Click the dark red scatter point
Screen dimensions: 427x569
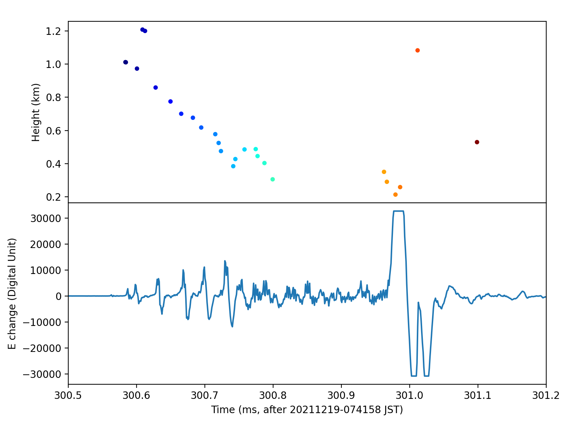pos(477,142)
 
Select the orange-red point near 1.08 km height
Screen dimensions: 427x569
pos(418,50)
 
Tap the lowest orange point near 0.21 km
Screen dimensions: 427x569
pos(395,195)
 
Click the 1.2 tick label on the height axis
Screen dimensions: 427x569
pos(53,31)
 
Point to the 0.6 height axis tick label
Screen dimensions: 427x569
pos(53,131)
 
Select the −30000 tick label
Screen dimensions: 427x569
pos(43,374)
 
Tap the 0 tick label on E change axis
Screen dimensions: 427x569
pos(59,296)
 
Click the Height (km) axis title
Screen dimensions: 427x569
pos(36,112)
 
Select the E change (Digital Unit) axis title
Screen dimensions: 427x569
pos(13,294)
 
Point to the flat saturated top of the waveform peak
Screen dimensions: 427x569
pos(398,211)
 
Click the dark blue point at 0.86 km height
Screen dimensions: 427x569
pos(155,88)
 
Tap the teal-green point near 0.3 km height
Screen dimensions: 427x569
pos(272,179)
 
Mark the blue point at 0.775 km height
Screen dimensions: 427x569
pos(170,101)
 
